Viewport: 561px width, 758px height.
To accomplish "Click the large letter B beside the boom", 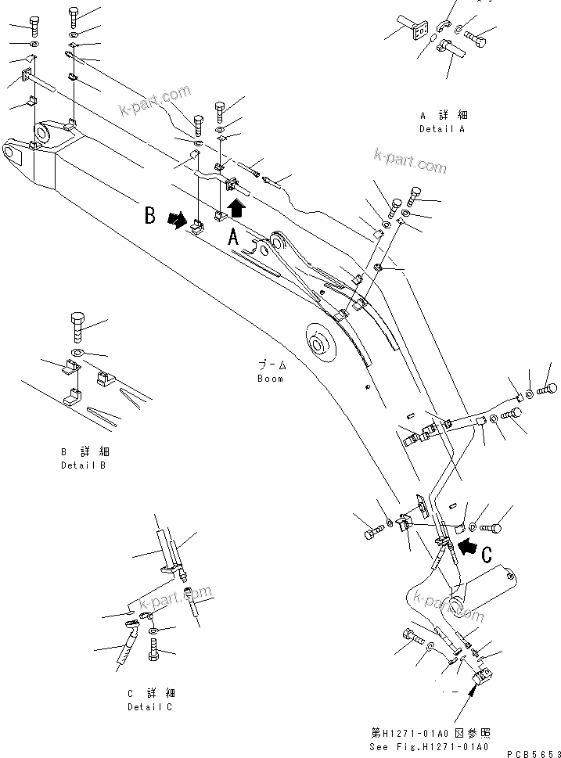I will (x=149, y=215).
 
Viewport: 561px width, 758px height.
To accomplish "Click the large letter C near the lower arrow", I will (x=486, y=555).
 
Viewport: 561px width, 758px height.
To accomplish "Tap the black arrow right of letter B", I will (x=178, y=221).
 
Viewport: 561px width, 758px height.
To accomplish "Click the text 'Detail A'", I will (x=442, y=128).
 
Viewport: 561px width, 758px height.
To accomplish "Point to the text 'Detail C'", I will (x=151, y=707).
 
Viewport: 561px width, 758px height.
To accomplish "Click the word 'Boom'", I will (x=271, y=379).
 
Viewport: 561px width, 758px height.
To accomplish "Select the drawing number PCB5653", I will (x=532, y=752).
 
